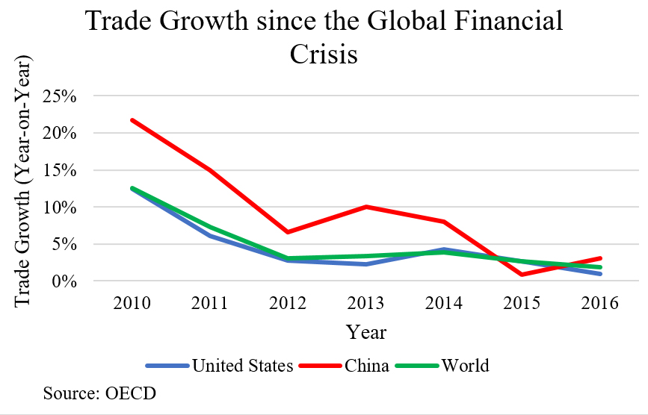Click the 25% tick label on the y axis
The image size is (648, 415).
pos(67,96)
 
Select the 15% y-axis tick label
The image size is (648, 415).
pos(67,170)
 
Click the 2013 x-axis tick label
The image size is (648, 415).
pos(366,303)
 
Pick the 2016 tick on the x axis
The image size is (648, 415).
pos(599,303)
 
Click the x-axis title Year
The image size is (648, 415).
pos(366,331)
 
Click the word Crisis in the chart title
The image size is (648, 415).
pos(324,54)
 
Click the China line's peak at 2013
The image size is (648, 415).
pos(366,207)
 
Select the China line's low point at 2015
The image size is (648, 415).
pos(521,275)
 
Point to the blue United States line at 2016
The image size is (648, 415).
pos(599,274)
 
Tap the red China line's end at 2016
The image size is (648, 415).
pos(599,258)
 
